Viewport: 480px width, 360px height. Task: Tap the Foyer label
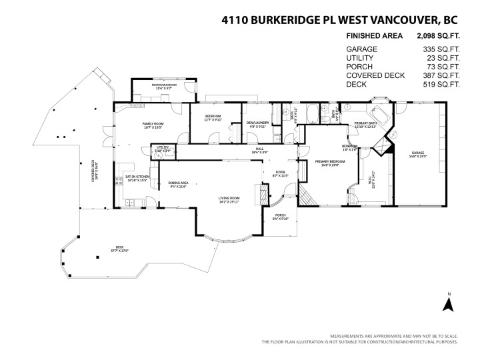pyautogui.click(x=281, y=172)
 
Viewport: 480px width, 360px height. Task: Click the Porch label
pyautogui.click(x=280, y=215)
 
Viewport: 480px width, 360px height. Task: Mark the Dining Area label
pyautogui.click(x=178, y=183)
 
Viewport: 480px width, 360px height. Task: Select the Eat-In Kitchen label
pyautogui.click(x=137, y=177)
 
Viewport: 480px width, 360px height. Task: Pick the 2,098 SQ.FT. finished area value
pyautogui.click(x=438, y=37)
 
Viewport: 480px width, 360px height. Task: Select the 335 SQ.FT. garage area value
pyautogui.click(x=441, y=49)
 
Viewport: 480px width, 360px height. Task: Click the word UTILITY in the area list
pyautogui.click(x=361, y=58)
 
